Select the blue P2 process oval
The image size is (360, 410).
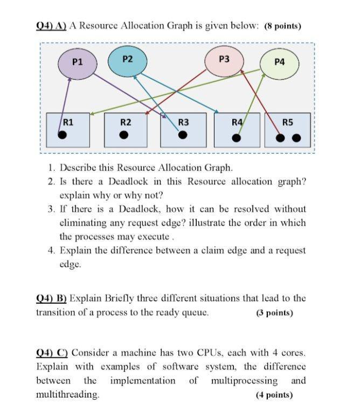[127, 59]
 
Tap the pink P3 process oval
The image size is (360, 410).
[225, 59]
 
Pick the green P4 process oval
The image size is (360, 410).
[279, 62]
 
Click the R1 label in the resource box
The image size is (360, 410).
[68, 122]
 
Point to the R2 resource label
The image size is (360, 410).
[126, 122]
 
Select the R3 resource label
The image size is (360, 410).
[183, 122]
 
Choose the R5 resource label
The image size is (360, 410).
[288, 122]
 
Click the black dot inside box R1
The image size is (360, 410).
[63, 135]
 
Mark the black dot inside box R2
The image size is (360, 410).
[124, 135]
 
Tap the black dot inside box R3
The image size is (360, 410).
[183, 134]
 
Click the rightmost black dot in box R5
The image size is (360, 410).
[296, 138]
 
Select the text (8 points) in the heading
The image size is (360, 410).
[283, 26]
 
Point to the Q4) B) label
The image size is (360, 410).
[51, 298]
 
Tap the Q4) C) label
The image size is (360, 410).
[51, 353]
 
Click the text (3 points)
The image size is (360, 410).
[275, 313]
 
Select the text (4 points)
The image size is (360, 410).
[274, 395]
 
